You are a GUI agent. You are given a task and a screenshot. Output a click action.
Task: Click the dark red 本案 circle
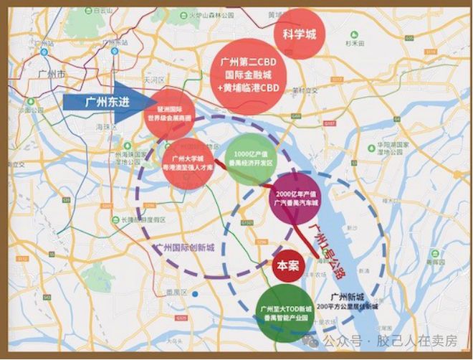[x=287, y=265]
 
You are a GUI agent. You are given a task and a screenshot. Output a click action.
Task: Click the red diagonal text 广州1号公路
[x=325, y=248]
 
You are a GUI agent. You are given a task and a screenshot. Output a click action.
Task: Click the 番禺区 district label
[x=172, y=292]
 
